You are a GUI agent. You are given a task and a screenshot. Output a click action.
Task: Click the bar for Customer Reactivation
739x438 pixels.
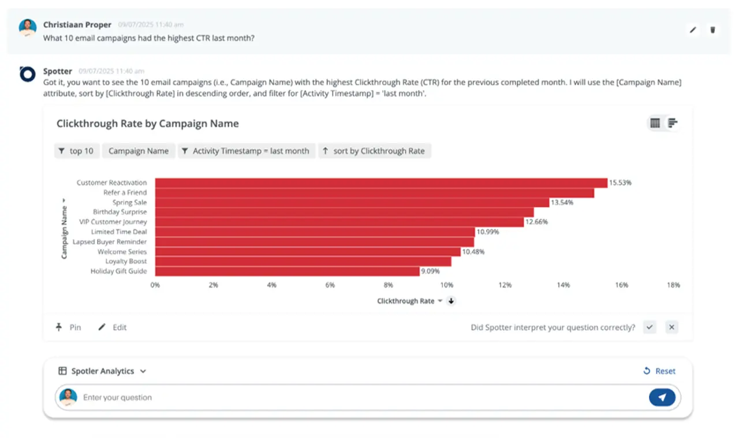(x=381, y=183)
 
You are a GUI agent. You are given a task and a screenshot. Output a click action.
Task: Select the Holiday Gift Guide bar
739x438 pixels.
(x=287, y=271)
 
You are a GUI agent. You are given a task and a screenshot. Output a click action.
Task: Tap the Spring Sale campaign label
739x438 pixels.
(x=129, y=203)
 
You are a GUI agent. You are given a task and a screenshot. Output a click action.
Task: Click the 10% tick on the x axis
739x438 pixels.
(x=446, y=285)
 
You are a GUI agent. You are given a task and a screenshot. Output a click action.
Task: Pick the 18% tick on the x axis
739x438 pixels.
(x=674, y=285)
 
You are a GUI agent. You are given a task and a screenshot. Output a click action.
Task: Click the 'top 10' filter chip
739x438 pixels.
(x=76, y=151)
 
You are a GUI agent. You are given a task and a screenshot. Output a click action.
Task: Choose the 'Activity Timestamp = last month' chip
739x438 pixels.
(x=247, y=151)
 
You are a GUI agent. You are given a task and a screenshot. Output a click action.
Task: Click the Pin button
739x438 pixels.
(x=69, y=327)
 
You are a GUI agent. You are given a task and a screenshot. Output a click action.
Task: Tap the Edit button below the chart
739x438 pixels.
(x=113, y=327)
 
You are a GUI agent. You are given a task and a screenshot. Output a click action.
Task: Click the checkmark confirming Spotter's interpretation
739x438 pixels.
(x=650, y=327)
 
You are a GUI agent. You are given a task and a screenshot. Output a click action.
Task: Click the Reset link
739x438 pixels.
(x=659, y=371)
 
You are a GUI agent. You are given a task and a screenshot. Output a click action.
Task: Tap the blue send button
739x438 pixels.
(x=662, y=397)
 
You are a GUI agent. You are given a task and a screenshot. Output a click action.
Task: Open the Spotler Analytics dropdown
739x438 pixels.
(x=102, y=371)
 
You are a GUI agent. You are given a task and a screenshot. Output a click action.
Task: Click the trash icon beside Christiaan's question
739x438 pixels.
(x=713, y=29)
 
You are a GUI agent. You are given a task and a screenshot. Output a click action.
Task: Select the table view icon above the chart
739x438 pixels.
(x=655, y=123)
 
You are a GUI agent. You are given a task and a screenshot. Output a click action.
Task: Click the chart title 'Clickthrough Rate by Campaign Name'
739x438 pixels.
(x=147, y=123)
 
